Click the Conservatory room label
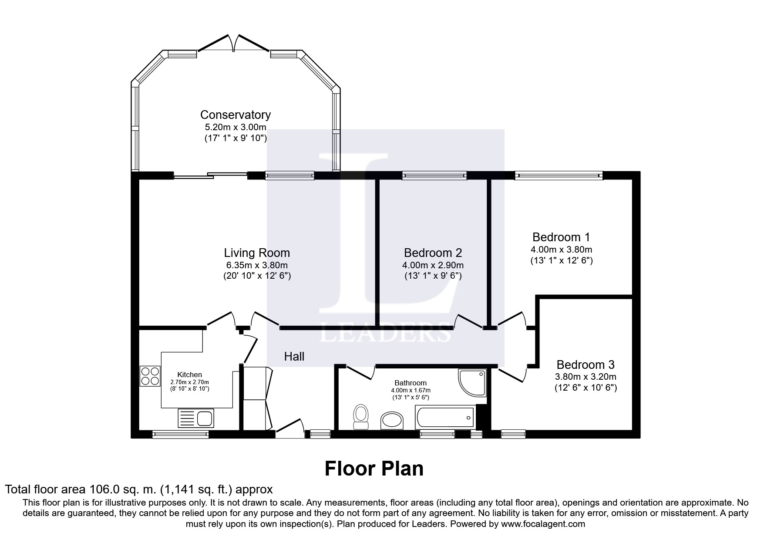click(235, 115)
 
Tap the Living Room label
click(257, 253)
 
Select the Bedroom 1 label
click(561, 237)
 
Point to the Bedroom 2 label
click(433, 253)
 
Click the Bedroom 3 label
click(586, 364)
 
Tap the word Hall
click(294, 357)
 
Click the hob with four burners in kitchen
click(150, 376)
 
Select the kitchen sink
click(195, 418)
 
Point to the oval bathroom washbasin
click(392, 421)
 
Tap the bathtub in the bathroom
click(445, 418)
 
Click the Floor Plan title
click(374, 469)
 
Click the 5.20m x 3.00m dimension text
click(236, 128)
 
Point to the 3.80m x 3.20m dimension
click(586, 377)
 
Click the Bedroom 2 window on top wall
click(434, 175)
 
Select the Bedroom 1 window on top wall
click(559, 175)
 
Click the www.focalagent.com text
click(543, 524)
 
